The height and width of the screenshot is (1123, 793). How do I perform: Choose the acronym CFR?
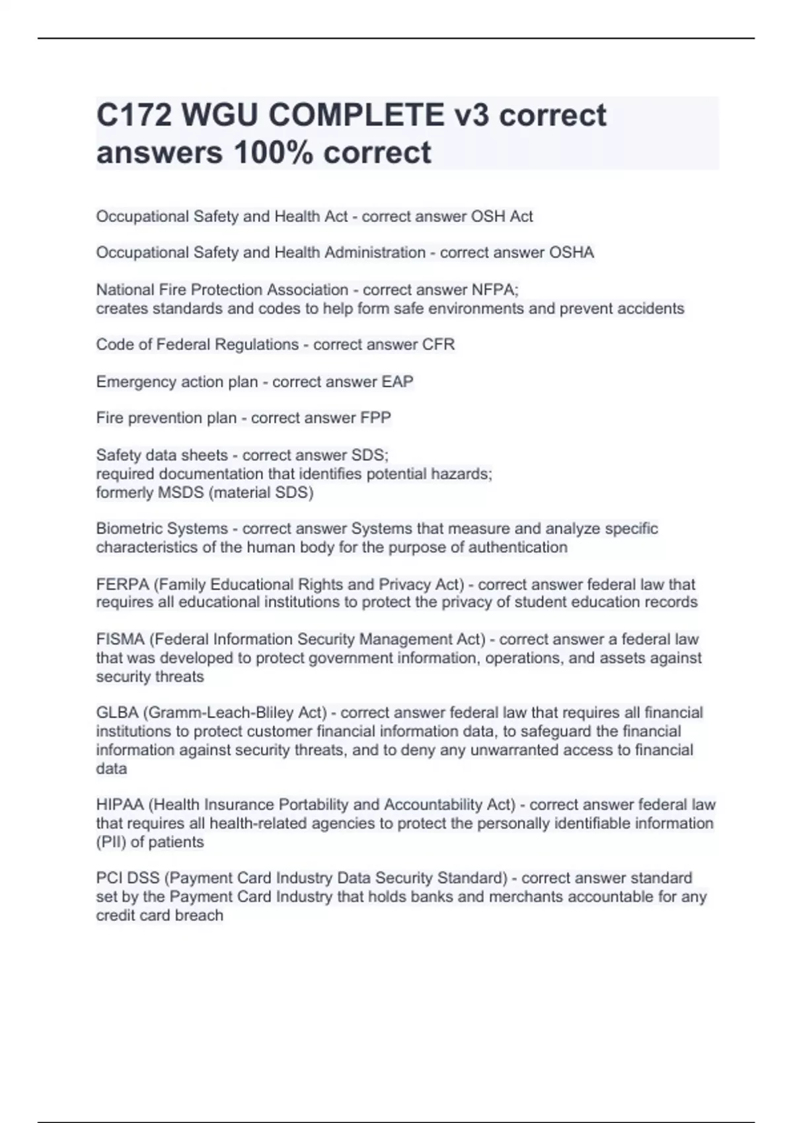point(438,344)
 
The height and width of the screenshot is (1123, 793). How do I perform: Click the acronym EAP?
point(397,381)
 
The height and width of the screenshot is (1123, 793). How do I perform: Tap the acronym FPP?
point(375,417)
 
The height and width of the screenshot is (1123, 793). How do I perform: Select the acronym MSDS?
point(182,492)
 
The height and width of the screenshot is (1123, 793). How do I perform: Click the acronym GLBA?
point(117,712)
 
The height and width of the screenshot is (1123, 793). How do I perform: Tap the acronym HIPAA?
point(120,804)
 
